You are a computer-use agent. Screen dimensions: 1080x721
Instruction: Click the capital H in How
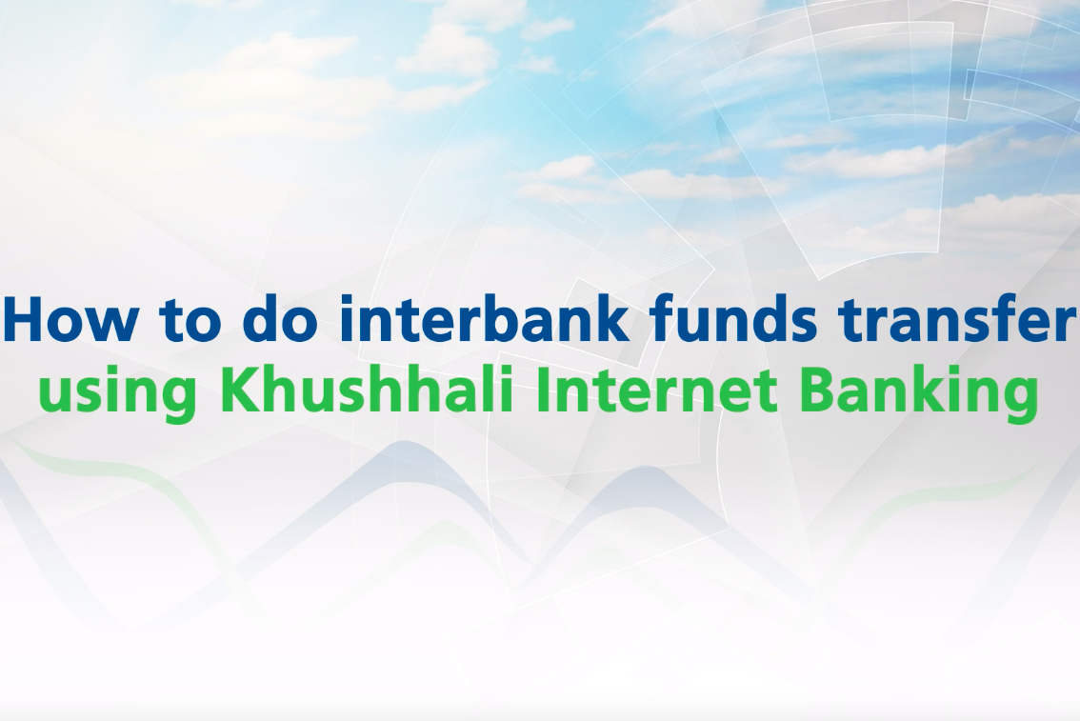pyautogui.click(x=24, y=319)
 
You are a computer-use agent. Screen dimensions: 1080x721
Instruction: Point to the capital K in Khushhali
pyautogui.click(x=242, y=390)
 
